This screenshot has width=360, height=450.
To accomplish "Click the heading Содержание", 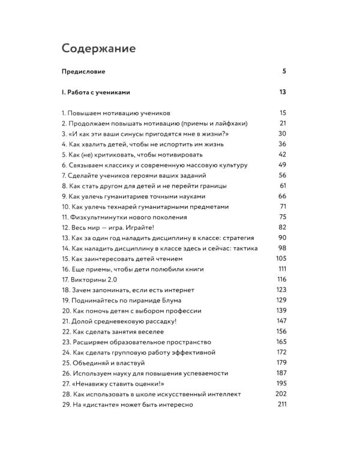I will pos(98,47).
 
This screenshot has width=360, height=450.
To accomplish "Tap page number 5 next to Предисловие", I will pos(284,72).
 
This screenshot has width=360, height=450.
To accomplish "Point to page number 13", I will pos(283,93).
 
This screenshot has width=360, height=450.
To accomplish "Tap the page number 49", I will pos(283,165).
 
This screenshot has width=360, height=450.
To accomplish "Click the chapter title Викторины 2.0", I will pos(90,280).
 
